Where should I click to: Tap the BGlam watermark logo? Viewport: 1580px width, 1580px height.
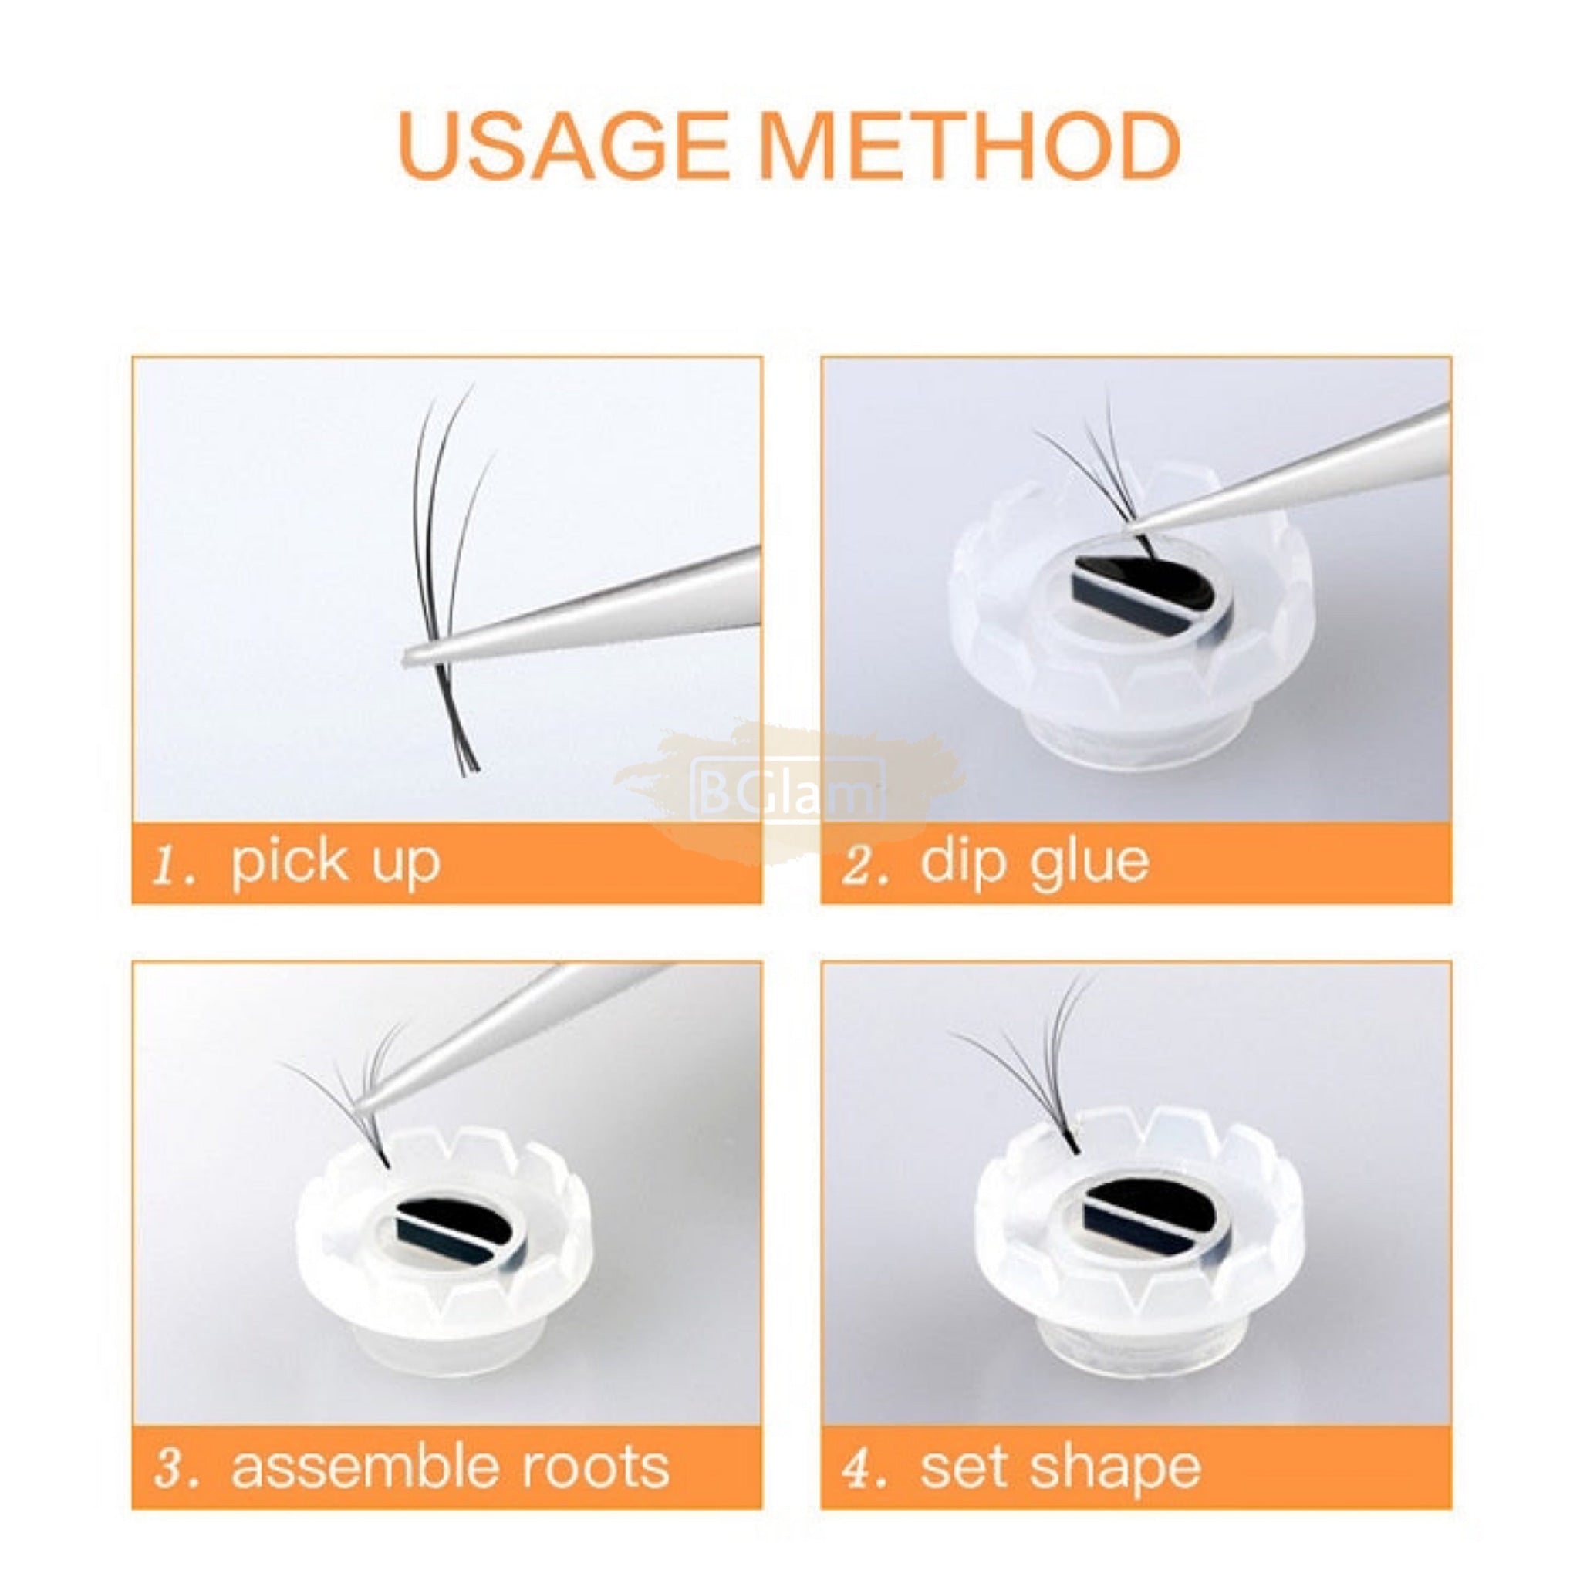coord(788,788)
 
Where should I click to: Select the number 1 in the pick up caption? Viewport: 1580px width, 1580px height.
coord(173,863)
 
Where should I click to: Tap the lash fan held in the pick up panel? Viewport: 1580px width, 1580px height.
coord(452,581)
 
